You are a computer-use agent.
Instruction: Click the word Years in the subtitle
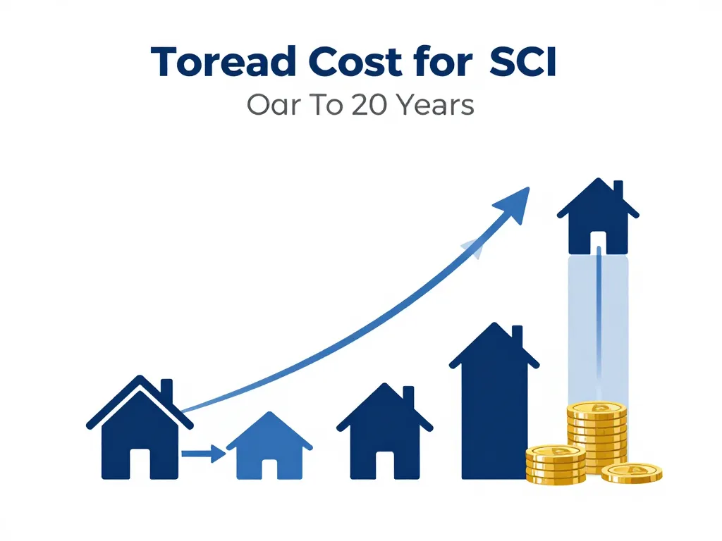[x=435, y=105]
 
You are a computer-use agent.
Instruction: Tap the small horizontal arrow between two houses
[x=203, y=454]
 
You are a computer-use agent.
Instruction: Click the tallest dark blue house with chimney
[x=494, y=402]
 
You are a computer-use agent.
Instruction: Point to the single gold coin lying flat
[x=632, y=473]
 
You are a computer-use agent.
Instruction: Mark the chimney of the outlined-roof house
[x=166, y=390]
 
